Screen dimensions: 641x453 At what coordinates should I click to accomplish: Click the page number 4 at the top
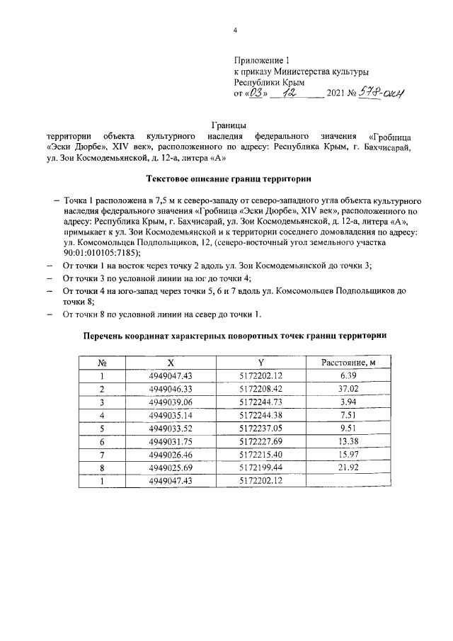[236, 31]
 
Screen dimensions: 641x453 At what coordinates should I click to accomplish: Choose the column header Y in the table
[261, 363]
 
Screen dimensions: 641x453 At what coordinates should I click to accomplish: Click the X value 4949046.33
[171, 390]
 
